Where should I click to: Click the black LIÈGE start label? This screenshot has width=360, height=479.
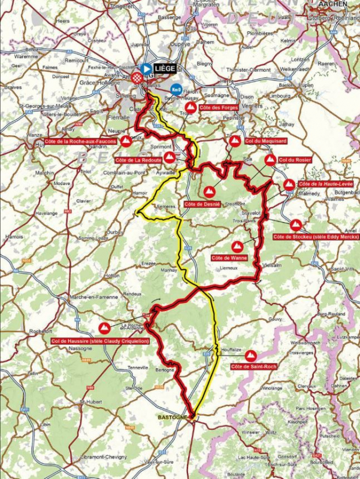coord(166,68)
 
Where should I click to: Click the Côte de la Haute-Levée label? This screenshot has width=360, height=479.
coord(326,184)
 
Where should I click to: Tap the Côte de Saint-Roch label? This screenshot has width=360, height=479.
coord(253,366)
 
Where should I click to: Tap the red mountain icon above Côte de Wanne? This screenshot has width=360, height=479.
coord(237,246)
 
